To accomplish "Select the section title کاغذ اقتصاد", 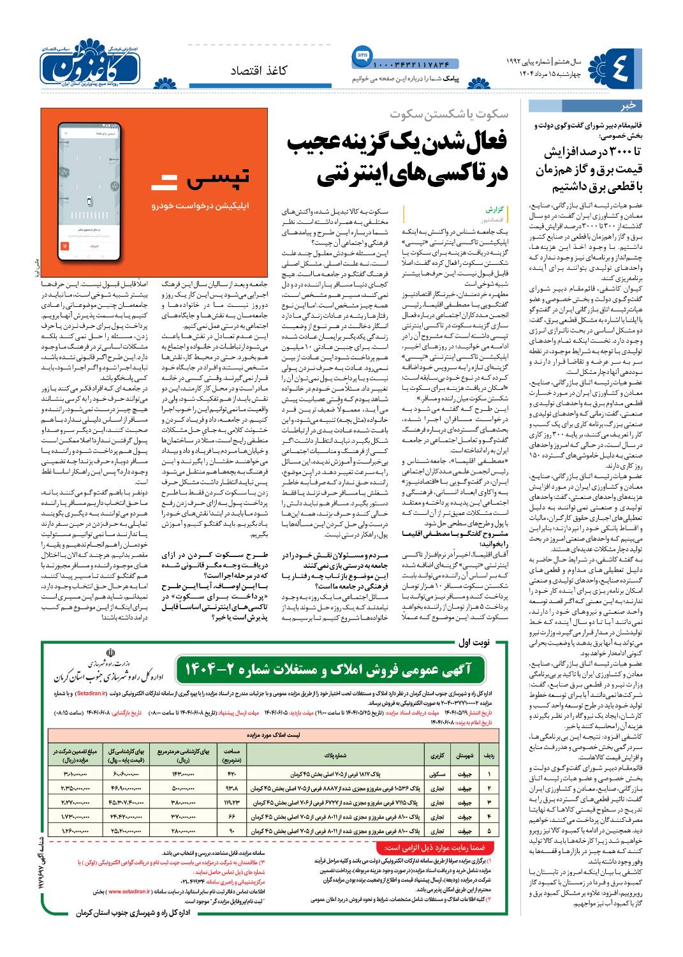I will point(259,71).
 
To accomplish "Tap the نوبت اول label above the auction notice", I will point(473,642).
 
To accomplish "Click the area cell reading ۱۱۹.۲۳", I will point(231,802).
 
